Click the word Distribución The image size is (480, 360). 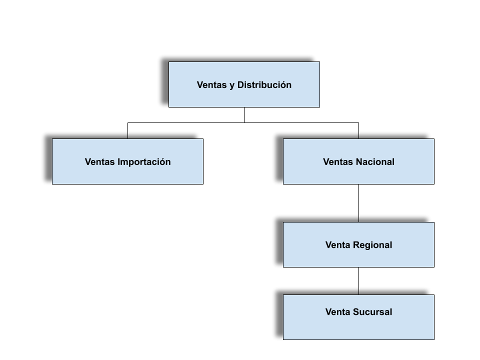(264, 85)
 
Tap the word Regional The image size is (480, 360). (372, 245)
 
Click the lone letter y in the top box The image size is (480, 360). (232, 85)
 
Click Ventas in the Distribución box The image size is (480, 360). (212, 85)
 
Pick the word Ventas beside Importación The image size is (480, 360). (99, 162)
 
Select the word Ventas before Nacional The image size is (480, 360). (338, 162)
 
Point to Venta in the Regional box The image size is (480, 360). (338, 245)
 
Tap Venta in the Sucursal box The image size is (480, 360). (338, 312)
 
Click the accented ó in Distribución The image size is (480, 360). (282, 85)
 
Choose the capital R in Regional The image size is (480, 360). (356, 245)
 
